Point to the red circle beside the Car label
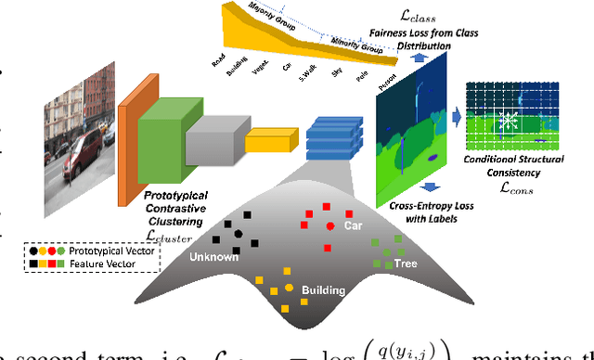pyautogui.click(x=330, y=226)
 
